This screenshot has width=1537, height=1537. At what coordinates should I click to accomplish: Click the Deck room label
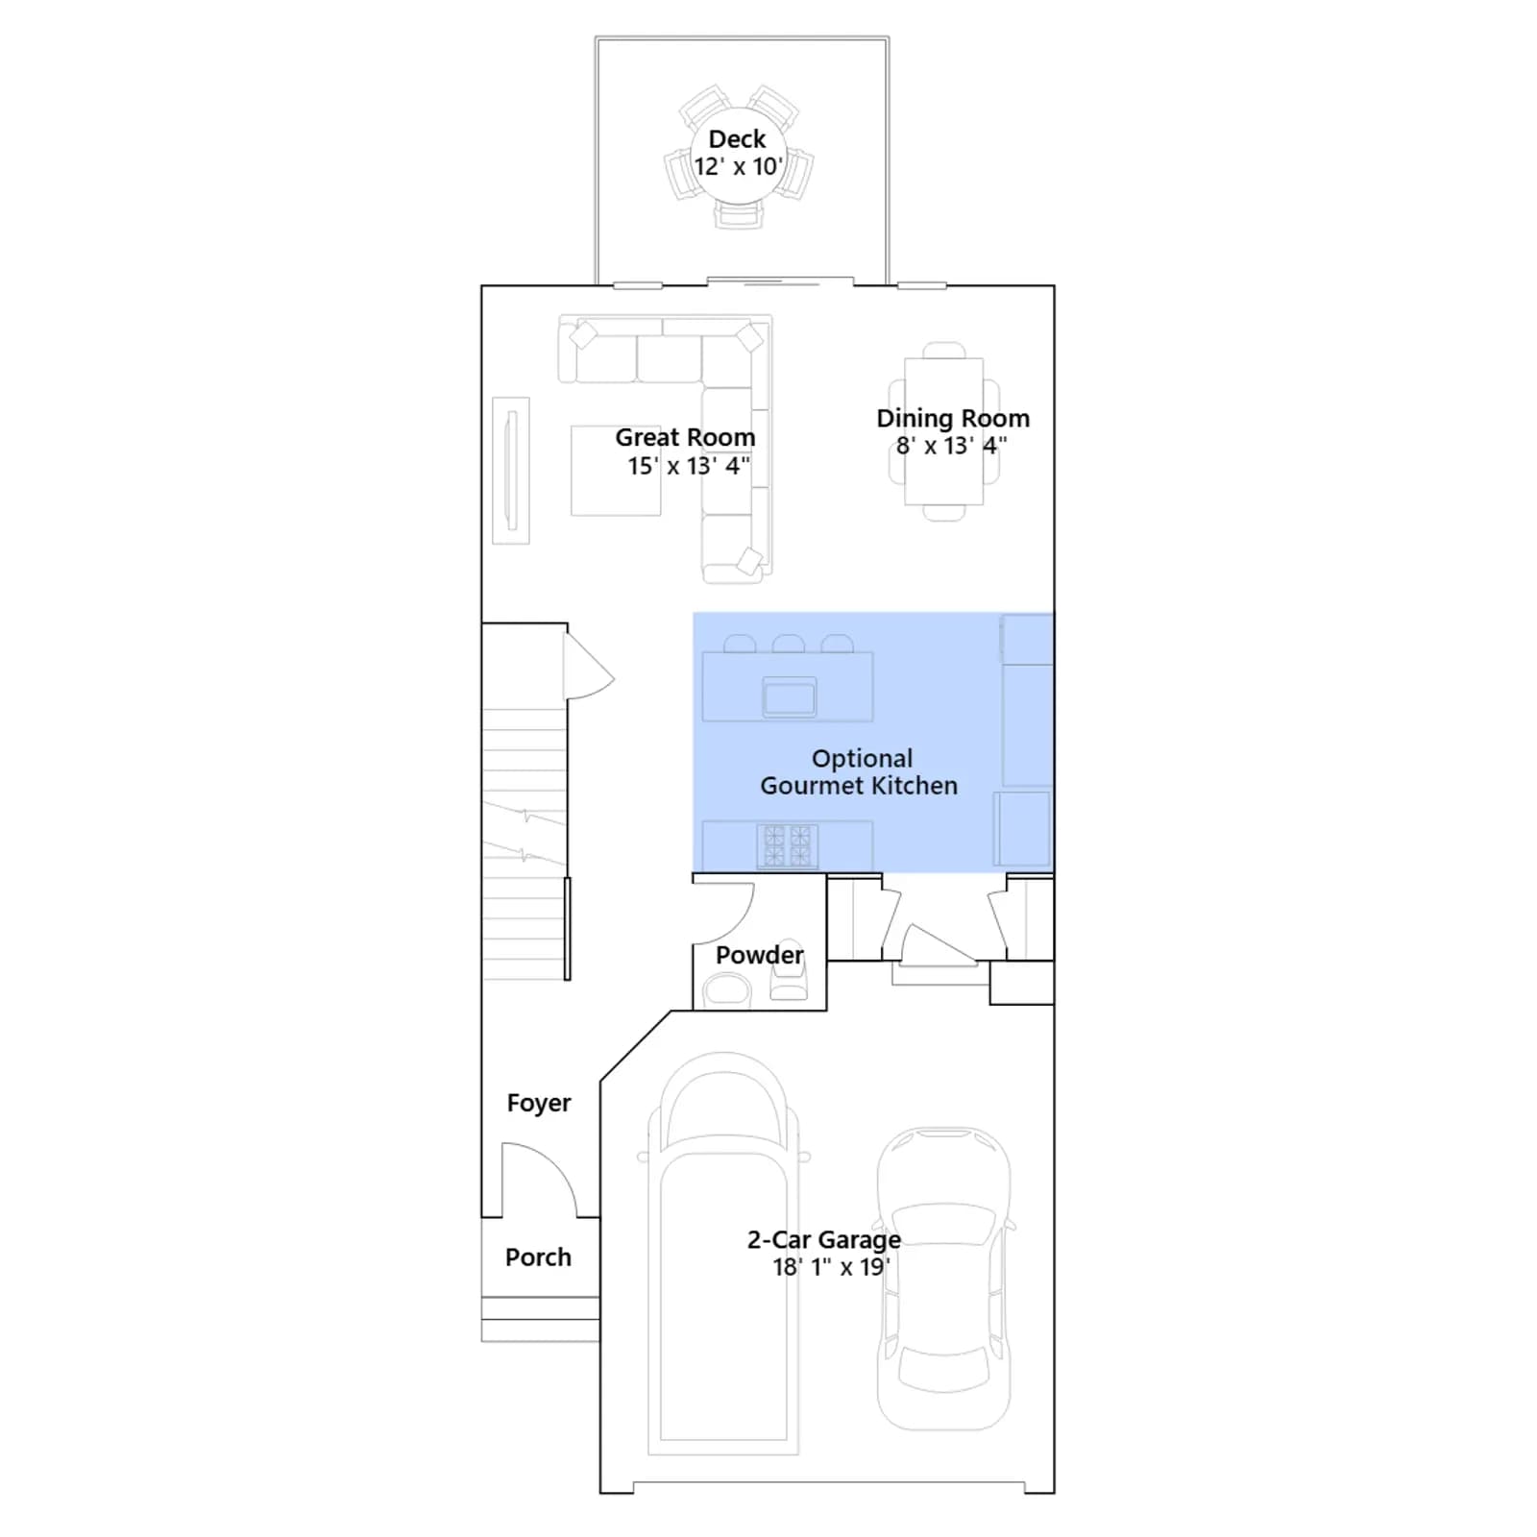pyautogui.click(x=737, y=139)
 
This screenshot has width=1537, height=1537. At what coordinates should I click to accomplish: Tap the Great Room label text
pyautogui.click(x=685, y=437)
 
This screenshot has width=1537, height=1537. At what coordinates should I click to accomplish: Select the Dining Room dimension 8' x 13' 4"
pyautogui.click(x=951, y=446)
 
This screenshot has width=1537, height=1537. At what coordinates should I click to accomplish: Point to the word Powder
pyautogui.click(x=759, y=955)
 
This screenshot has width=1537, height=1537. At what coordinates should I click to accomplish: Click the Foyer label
pyautogui.click(x=539, y=1104)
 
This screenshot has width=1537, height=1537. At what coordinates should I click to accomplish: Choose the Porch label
pyautogui.click(x=538, y=1257)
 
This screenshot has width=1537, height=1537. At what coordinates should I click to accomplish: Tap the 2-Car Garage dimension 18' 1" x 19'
pyautogui.click(x=831, y=1267)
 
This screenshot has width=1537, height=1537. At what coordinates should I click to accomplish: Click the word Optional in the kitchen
pyautogui.click(x=862, y=759)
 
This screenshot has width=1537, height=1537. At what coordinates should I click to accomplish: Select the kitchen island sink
pyautogui.click(x=790, y=696)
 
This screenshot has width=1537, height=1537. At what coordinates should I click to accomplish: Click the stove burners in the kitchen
pyautogui.click(x=788, y=846)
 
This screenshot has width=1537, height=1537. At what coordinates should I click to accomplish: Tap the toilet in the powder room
pyautogui.click(x=789, y=969)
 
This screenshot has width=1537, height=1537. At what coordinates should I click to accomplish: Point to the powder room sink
pyautogui.click(x=726, y=989)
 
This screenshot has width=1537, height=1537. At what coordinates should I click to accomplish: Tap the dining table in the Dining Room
pyautogui.click(x=943, y=431)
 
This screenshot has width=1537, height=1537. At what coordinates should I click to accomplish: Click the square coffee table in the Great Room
pyautogui.click(x=616, y=471)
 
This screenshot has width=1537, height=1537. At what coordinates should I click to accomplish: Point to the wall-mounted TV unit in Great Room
pyautogui.click(x=511, y=471)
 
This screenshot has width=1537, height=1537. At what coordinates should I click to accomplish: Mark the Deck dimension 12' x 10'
pyautogui.click(x=737, y=167)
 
